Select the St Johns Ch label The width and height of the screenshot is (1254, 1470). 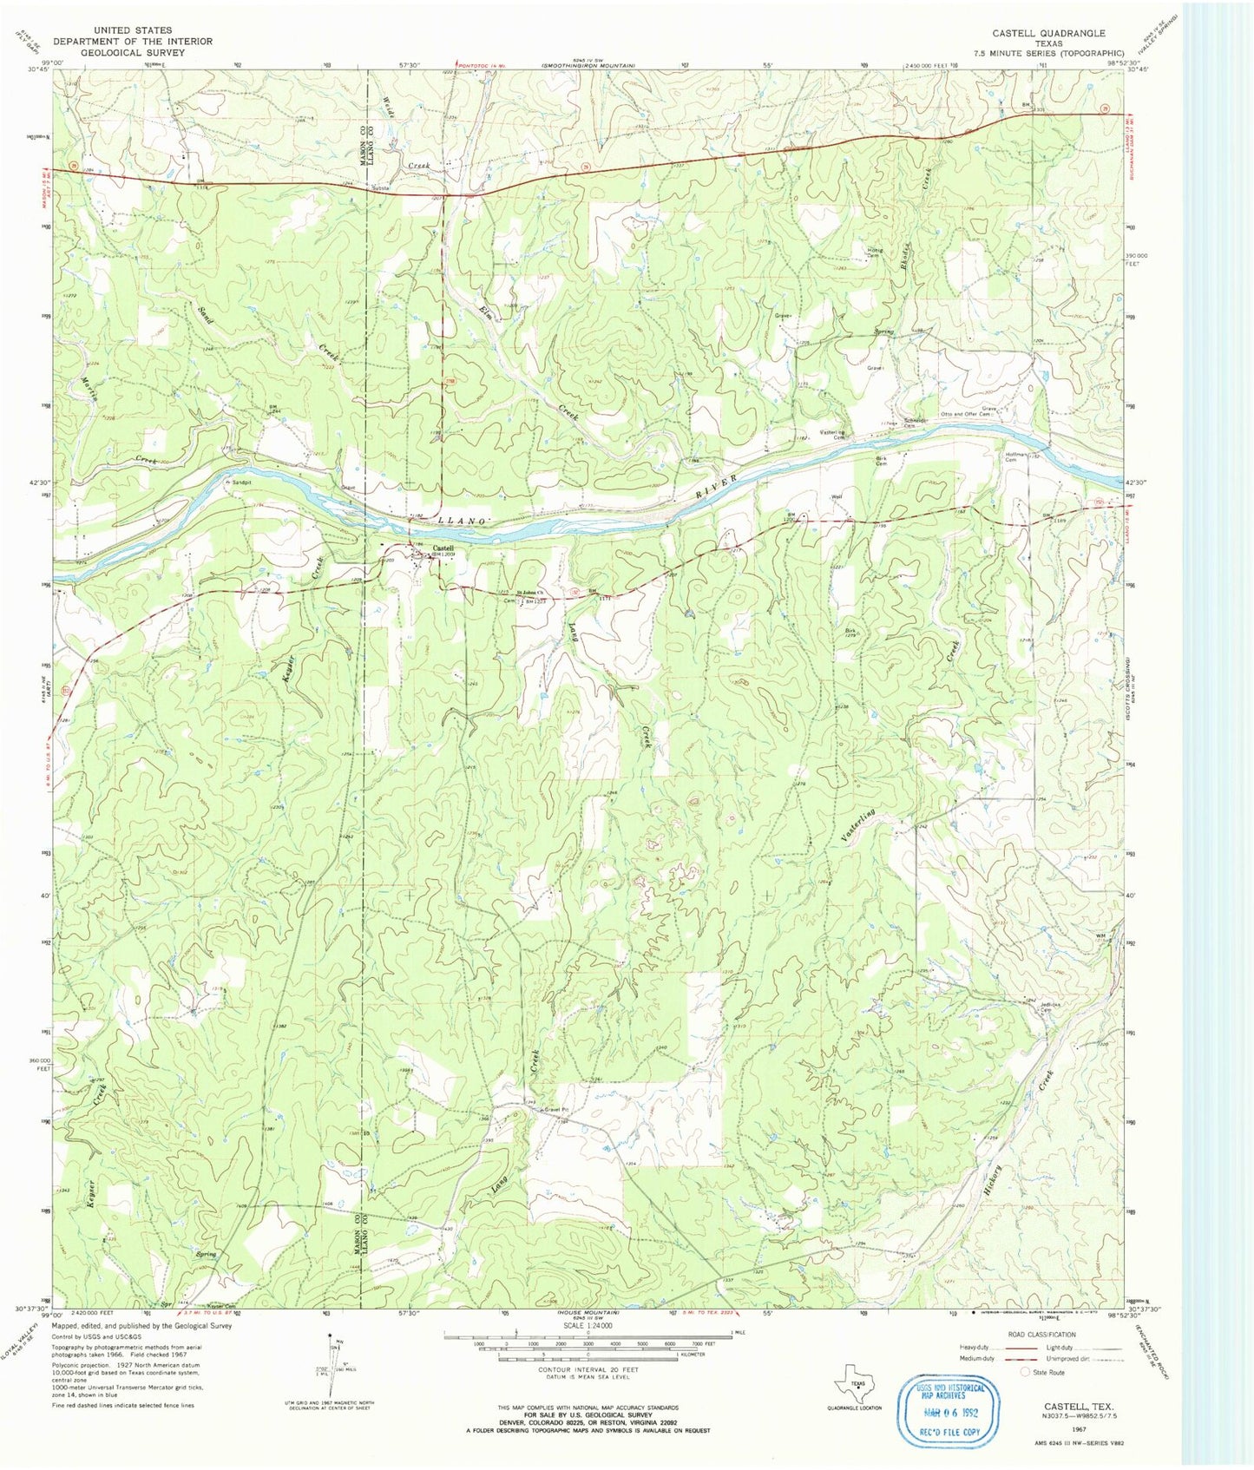pyautogui.click(x=530, y=594)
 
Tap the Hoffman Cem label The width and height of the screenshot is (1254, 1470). pyautogui.click(x=1015, y=456)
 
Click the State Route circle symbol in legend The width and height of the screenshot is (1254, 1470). pyautogui.click(x=1026, y=1372)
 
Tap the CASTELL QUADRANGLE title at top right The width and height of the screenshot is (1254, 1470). pyautogui.click(x=1049, y=33)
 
